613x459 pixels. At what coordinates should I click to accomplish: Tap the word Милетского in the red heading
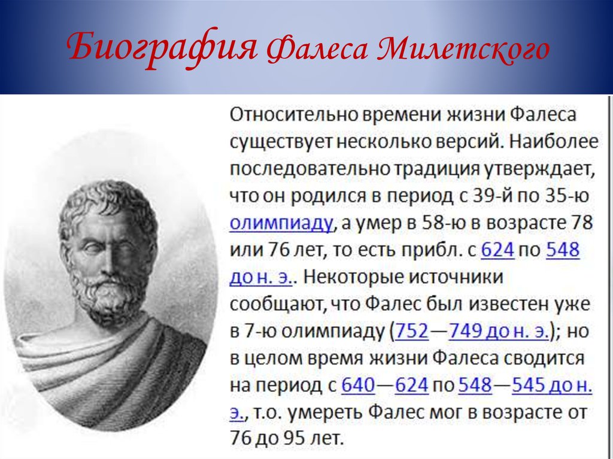coord(464,49)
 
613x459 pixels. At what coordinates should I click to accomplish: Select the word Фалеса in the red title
coord(317,50)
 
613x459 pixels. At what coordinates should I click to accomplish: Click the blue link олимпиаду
coord(281,223)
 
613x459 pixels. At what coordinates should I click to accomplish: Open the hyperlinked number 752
coord(412,331)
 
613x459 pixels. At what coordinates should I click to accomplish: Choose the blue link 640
coord(358,385)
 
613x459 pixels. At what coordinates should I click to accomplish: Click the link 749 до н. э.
coord(499,331)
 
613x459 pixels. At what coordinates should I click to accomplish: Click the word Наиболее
coord(554,142)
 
